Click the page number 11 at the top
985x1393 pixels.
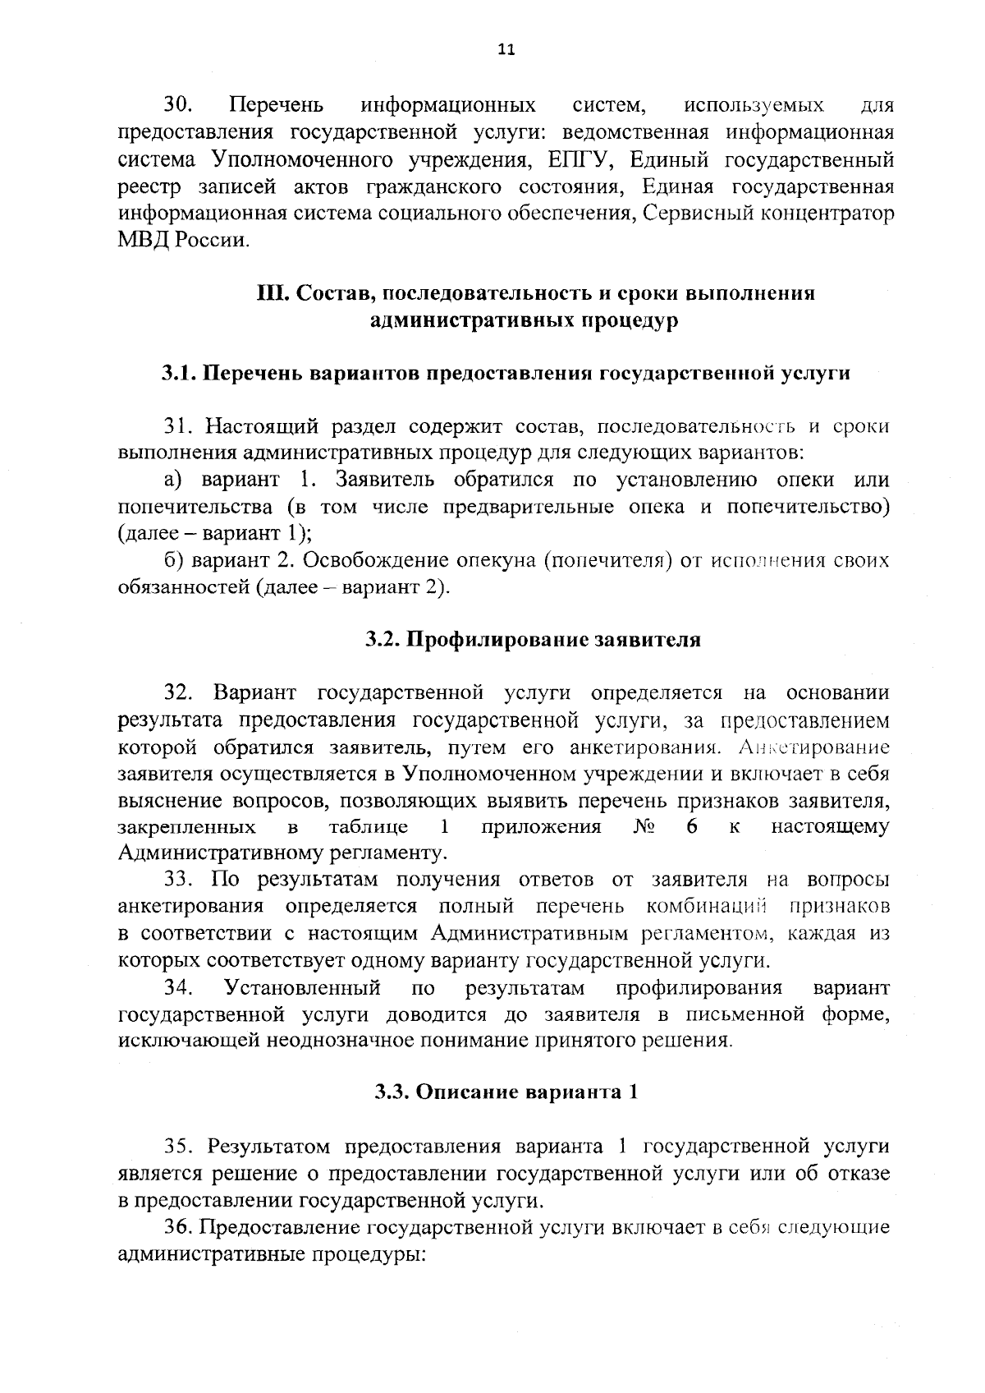(506, 50)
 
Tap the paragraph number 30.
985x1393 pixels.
(178, 105)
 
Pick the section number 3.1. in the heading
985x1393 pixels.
(178, 373)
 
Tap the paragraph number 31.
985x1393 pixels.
(178, 426)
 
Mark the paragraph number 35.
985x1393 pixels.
(178, 1147)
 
